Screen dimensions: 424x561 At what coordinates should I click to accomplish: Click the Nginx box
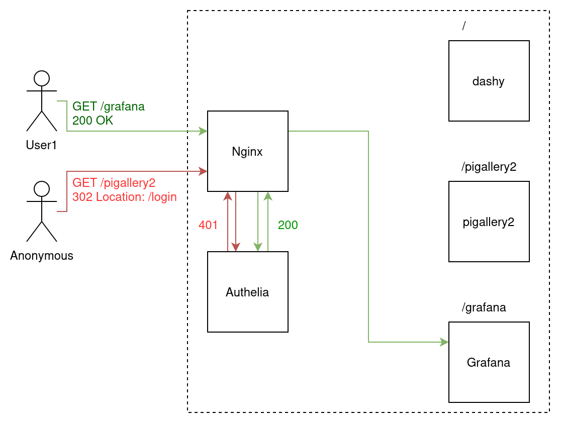click(x=247, y=151)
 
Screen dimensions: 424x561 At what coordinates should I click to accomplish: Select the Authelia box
click(x=247, y=292)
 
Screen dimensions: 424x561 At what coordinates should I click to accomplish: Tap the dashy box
click(x=489, y=81)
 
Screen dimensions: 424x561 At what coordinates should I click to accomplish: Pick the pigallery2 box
click(x=489, y=222)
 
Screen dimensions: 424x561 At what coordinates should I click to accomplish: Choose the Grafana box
click(x=489, y=362)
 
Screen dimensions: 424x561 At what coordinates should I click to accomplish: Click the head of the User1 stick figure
click(x=42, y=78)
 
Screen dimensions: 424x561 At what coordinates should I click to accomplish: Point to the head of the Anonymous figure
click(x=42, y=189)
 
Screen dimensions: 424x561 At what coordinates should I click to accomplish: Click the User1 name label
click(x=42, y=145)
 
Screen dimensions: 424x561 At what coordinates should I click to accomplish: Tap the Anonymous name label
click(x=42, y=256)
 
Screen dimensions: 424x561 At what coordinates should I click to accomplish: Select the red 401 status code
click(x=208, y=225)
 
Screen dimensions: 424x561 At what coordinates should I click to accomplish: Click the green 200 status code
click(x=288, y=225)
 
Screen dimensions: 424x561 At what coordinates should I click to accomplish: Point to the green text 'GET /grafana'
click(x=109, y=107)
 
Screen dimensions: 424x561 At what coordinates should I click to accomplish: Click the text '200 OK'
click(x=93, y=121)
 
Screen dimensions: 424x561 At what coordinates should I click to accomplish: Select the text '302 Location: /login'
click(x=125, y=196)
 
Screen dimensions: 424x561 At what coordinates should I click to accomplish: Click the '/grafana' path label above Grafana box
click(x=484, y=307)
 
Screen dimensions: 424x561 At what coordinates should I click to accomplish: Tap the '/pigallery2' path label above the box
click(x=489, y=167)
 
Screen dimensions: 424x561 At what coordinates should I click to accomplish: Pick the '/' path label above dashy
click(x=464, y=26)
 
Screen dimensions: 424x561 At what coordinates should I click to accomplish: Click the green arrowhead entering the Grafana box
click(x=444, y=342)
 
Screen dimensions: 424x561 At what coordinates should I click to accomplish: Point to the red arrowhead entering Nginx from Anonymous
click(x=203, y=171)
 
